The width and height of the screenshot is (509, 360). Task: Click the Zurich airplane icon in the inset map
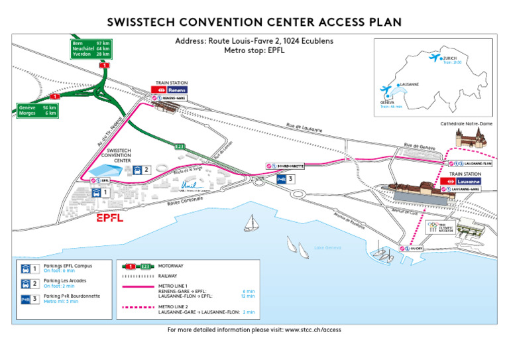click(435, 59)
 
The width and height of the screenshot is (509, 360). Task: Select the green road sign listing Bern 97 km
click(92, 48)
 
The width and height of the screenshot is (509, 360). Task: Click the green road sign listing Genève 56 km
click(38, 110)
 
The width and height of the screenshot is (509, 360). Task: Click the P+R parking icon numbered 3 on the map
click(282, 179)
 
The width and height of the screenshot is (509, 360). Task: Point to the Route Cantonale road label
click(186, 201)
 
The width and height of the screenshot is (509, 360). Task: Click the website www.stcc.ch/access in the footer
click(313, 330)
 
